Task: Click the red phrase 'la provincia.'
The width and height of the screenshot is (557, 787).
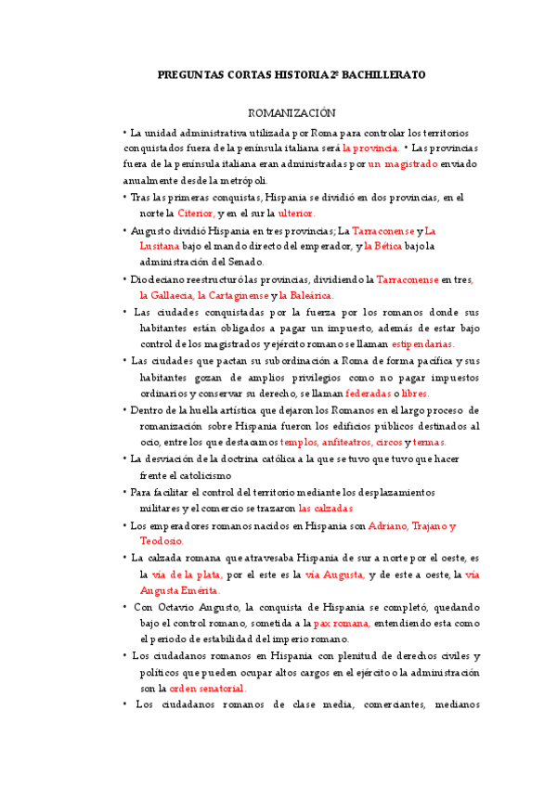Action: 369,148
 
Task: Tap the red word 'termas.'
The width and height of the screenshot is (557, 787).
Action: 428,442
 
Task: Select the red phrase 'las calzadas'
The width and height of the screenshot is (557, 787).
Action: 326,509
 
